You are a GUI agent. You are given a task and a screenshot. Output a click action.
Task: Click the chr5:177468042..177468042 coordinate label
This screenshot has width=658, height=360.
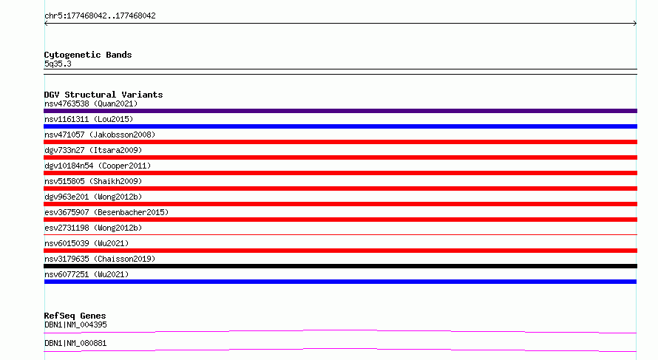(x=100, y=16)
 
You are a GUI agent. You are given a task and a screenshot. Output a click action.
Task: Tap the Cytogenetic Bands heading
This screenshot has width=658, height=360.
(x=88, y=55)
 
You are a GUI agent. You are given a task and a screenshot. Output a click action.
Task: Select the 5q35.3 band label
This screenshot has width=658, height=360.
(x=58, y=64)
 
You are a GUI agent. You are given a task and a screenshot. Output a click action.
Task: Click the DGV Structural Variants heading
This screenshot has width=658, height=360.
(x=104, y=95)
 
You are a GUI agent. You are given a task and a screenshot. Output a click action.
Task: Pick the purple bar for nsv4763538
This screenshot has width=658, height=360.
(x=340, y=111)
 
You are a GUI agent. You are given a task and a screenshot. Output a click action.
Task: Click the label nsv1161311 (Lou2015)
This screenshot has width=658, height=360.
(x=89, y=119)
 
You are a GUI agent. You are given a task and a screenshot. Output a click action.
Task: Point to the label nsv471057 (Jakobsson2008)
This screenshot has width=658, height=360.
(x=100, y=135)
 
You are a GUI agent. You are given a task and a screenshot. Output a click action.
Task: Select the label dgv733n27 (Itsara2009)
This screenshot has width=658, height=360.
(x=93, y=150)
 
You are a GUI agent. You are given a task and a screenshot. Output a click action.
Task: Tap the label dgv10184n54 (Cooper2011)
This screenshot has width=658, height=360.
(x=98, y=166)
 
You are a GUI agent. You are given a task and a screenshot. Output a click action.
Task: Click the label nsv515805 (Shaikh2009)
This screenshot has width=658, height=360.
(x=93, y=181)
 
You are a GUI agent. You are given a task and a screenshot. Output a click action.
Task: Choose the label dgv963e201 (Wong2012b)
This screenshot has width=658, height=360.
(x=93, y=197)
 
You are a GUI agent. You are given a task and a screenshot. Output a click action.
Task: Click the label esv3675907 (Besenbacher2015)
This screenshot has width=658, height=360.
(x=106, y=212)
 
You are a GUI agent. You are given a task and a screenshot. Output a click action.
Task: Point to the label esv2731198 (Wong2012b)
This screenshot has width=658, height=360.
(x=93, y=228)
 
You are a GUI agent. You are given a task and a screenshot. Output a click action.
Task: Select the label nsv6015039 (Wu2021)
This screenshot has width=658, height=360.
(x=87, y=243)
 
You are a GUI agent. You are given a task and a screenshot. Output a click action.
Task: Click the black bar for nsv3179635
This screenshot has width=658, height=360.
(x=340, y=266)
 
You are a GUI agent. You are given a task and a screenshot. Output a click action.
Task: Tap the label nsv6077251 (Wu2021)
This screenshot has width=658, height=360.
(x=87, y=274)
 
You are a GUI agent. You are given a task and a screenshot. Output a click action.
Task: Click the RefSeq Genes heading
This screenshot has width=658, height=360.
(x=75, y=316)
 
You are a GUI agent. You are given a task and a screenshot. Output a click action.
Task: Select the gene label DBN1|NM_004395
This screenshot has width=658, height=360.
(x=75, y=325)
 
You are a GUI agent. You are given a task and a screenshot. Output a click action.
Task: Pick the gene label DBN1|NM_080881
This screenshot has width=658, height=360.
(x=75, y=343)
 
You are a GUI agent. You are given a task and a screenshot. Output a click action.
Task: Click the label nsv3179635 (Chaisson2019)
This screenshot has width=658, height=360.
(x=100, y=259)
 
